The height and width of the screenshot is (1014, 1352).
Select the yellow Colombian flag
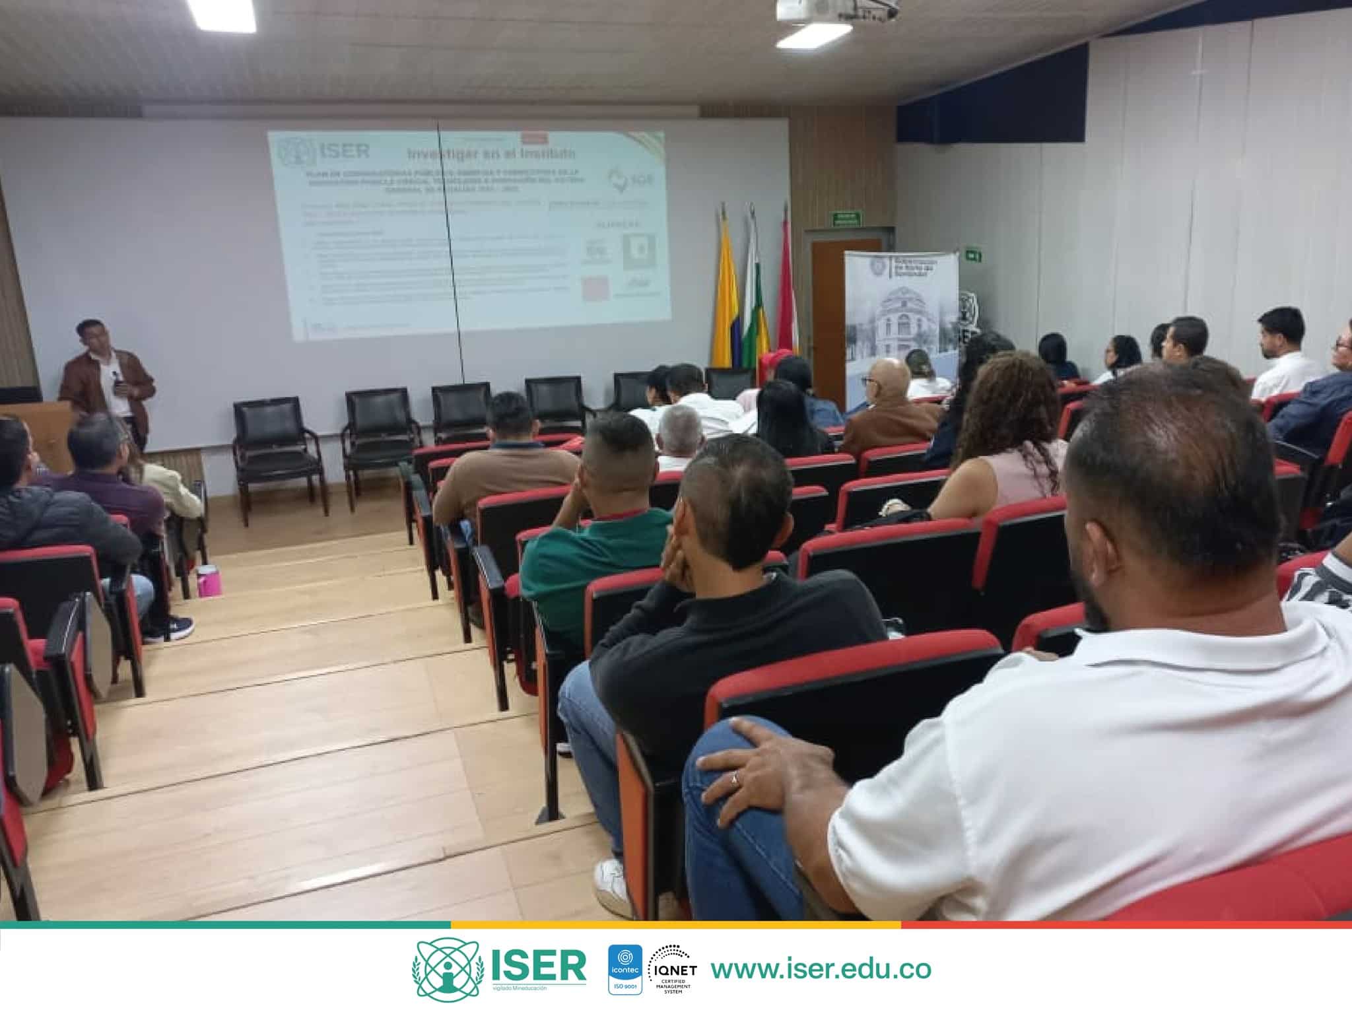click(x=724, y=297)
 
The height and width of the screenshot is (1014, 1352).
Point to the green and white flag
click(x=755, y=297)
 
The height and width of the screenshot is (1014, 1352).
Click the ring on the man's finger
click(x=735, y=780)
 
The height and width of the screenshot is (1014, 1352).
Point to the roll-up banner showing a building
click(x=900, y=317)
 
